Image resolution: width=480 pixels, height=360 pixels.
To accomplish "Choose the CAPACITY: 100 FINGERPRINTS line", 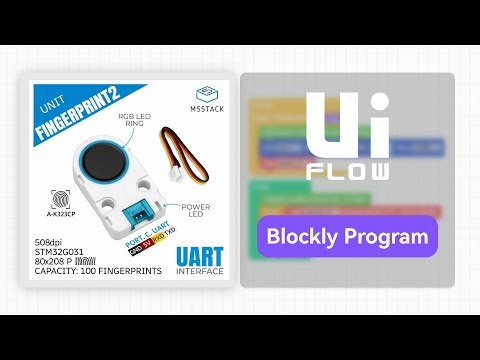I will [x=90, y=272].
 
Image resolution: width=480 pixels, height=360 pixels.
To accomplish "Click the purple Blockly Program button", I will [x=347, y=238].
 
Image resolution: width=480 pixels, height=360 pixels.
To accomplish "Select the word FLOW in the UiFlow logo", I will [x=347, y=170].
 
